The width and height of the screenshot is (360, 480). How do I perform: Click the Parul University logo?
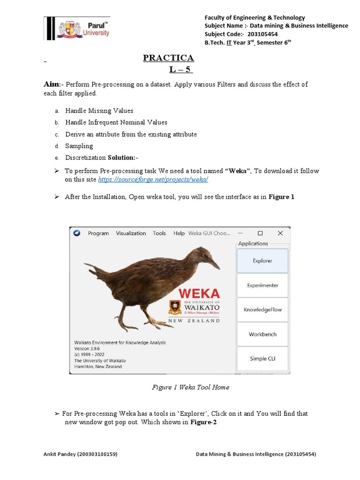[x=77, y=29]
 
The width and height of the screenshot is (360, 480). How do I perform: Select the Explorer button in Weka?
[x=262, y=261]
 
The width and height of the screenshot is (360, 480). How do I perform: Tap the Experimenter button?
[x=262, y=285]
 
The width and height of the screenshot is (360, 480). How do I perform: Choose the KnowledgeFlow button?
[x=262, y=309]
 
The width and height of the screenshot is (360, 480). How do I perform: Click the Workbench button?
[x=262, y=334]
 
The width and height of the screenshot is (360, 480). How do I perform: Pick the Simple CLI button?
[x=262, y=359]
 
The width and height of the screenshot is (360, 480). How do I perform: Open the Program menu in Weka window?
[x=98, y=233]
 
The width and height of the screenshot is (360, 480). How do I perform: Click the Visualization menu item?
[x=131, y=233]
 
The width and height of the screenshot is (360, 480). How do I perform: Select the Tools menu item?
[x=159, y=233]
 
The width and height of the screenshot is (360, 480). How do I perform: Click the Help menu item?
[x=179, y=233]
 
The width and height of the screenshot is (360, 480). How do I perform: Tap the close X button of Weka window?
[x=280, y=233]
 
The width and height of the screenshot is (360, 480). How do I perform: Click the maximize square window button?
[x=260, y=233]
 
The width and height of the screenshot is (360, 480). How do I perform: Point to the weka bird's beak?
[x=215, y=264]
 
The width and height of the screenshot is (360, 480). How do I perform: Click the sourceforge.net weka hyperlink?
[x=153, y=180]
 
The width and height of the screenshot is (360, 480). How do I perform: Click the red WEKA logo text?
[x=199, y=293]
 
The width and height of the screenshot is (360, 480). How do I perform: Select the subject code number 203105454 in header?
[x=266, y=34]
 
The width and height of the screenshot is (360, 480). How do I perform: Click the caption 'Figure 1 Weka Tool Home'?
[x=190, y=387]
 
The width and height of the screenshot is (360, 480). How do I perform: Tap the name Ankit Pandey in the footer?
[x=61, y=454]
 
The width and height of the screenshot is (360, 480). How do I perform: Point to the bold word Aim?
[x=52, y=84]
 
